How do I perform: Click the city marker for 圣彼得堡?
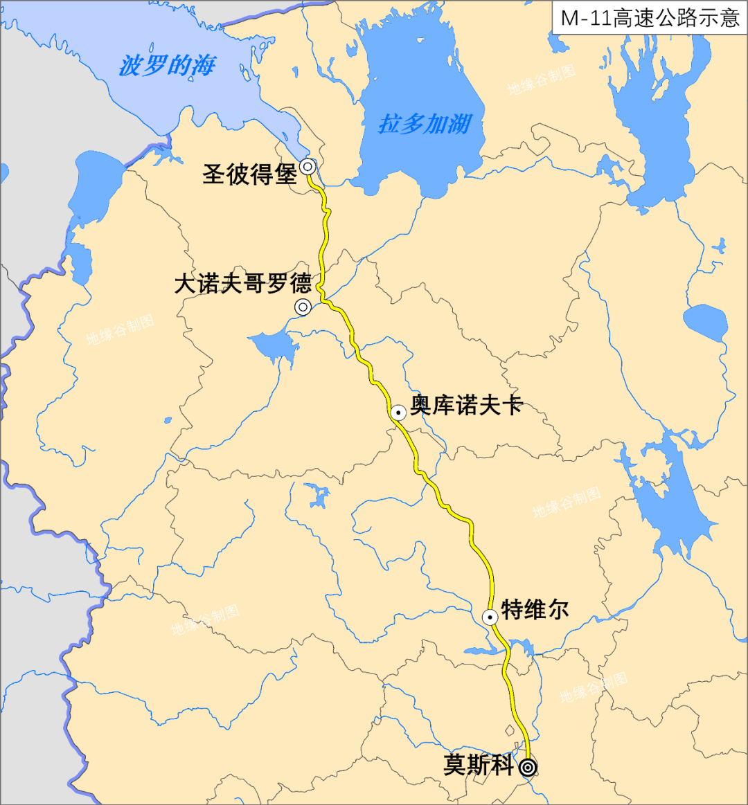tap(308, 166)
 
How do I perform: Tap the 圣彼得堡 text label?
tap(249, 174)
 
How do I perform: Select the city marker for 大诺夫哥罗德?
tap(303, 307)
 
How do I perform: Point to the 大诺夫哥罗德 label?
tap(242, 284)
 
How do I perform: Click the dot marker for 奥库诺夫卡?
tap(398, 413)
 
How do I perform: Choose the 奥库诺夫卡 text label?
tap(466, 405)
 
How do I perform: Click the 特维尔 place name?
tap(535, 610)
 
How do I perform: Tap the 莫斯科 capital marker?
tap(528, 767)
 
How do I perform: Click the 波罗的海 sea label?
tap(167, 66)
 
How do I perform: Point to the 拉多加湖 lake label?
tap(425, 124)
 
